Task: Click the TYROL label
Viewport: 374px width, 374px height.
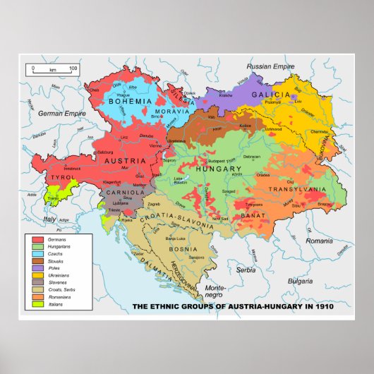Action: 57,179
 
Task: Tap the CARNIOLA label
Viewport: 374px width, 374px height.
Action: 124,191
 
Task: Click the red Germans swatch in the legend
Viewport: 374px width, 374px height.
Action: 38,241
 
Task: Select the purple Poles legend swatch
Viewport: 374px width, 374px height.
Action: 38,267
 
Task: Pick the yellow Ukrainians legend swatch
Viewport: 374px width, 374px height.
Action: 38,275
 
